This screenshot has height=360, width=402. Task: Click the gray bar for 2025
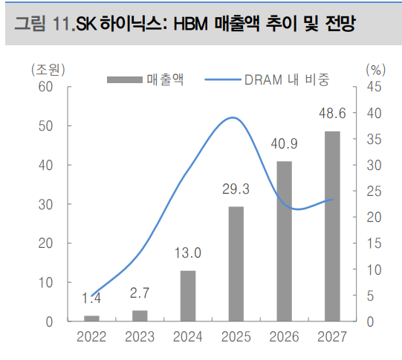(x=236, y=264)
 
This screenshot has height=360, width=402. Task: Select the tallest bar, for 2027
(x=332, y=226)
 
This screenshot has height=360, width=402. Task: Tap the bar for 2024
(x=188, y=295)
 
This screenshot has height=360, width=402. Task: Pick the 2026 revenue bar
(x=285, y=241)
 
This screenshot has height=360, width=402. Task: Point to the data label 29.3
(x=236, y=190)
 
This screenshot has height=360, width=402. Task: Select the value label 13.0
(x=188, y=254)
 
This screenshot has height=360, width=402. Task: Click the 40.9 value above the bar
(x=285, y=144)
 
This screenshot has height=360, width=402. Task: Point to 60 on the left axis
(x=45, y=87)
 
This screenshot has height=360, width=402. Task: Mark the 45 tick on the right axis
(x=373, y=87)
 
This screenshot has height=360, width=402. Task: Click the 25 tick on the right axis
(x=373, y=191)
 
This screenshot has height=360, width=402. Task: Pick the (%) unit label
(x=376, y=70)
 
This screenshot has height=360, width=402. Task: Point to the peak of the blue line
(x=233, y=117)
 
